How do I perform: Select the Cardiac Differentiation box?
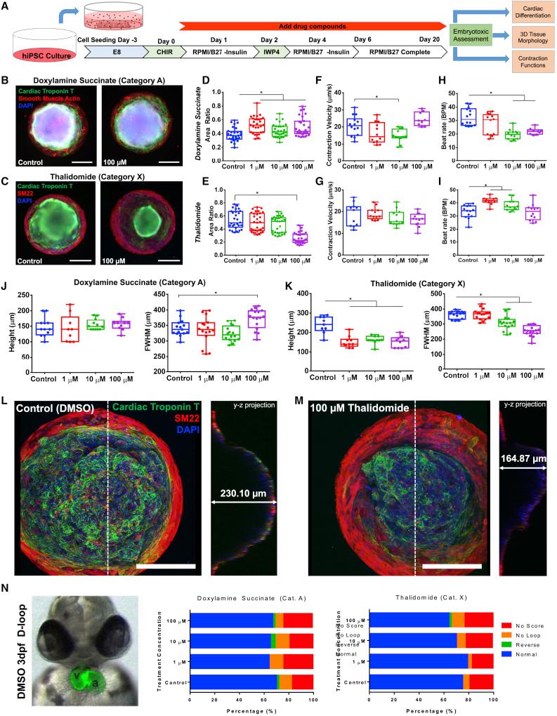click(x=527, y=11)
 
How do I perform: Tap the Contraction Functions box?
click(x=527, y=59)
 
